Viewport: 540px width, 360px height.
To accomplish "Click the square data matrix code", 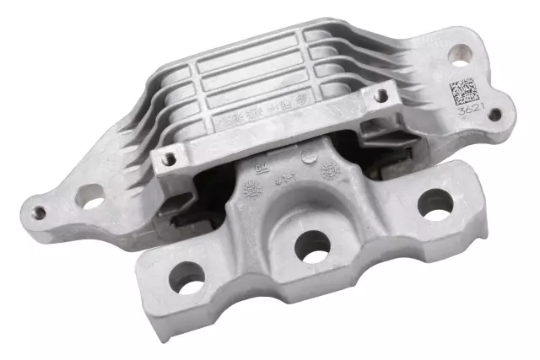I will [462, 89].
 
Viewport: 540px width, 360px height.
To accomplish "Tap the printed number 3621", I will [468, 110].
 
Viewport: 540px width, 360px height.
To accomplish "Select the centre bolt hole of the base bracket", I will [313, 244].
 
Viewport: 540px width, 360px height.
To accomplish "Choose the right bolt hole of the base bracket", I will [435, 202].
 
